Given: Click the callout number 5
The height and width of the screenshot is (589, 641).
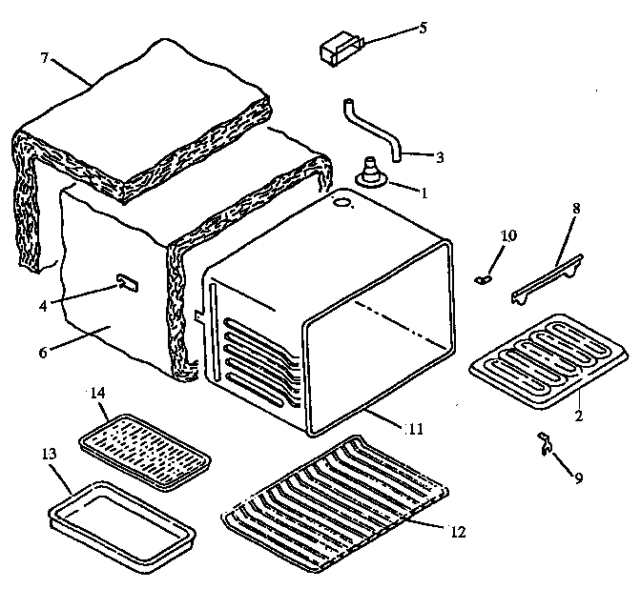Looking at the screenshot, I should [x=423, y=28].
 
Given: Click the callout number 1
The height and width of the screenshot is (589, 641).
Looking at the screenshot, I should [x=424, y=191].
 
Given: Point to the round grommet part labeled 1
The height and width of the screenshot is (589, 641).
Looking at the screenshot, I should [x=369, y=176].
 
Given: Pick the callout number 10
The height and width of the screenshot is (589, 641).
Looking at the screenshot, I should [x=509, y=235].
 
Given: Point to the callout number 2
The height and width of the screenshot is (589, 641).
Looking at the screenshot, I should [x=579, y=416].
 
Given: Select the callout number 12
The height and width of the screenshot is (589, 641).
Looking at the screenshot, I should [x=458, y=531].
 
